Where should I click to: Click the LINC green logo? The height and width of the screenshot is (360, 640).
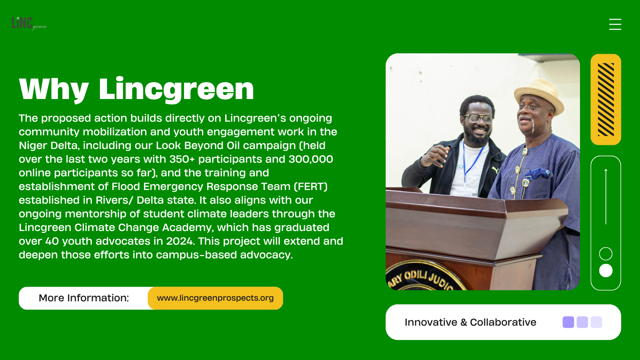click(29, 23)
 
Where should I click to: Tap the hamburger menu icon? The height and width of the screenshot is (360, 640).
click(615, 24)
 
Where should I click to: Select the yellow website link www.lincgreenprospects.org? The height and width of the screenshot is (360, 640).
click(215, 298)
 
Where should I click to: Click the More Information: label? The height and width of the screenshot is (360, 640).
click(84, 298)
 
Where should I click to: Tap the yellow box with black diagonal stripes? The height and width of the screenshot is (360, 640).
click(606, 99)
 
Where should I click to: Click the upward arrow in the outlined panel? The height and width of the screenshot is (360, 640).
click(606, 196)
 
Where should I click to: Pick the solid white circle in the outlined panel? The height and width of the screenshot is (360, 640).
click(606, 271)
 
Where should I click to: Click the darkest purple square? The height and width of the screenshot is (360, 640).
click(568, 322)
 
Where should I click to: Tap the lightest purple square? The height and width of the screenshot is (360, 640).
click(596, 322)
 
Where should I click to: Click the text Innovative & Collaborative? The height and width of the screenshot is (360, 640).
click(470, 322)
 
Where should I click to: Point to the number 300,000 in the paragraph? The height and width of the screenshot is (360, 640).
click(311, 159)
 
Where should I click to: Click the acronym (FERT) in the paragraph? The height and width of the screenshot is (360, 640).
click(311, 187)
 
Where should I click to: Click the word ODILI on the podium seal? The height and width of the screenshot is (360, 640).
click(416, 275)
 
